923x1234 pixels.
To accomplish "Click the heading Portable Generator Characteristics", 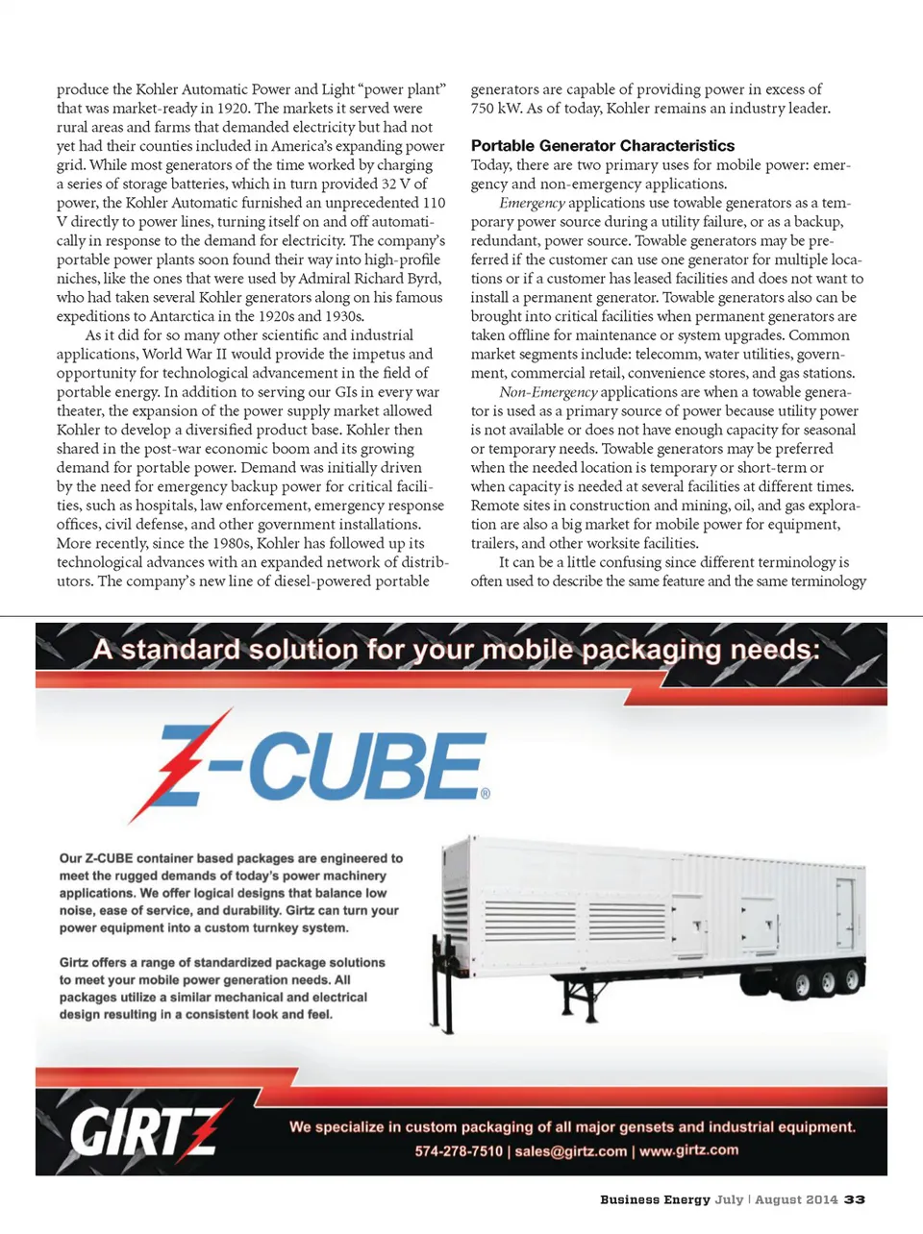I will pyautogui.click(x=602, y=146).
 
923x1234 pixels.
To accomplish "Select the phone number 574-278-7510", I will pyautogui.click(x=459, y=1151).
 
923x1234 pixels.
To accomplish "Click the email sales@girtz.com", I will pyautogui.click(x=570, y=1151).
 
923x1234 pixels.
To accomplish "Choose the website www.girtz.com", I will pyautogui.click(x=688, y=1150).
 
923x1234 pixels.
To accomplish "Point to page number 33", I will pyautogui.click(x=855, y=1199).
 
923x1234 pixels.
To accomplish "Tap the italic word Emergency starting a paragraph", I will pyautogui.click(x=532, y=203).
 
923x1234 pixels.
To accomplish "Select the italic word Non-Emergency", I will pyautogui.click(x=548, y=392).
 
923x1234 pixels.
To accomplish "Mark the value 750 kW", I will pyautogui.click(x=497, y=109).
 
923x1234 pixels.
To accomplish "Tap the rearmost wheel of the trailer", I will pyautogui.click(x=852, y=980).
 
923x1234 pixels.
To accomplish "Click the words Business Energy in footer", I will pyautogui.click(x=655, y=1199).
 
